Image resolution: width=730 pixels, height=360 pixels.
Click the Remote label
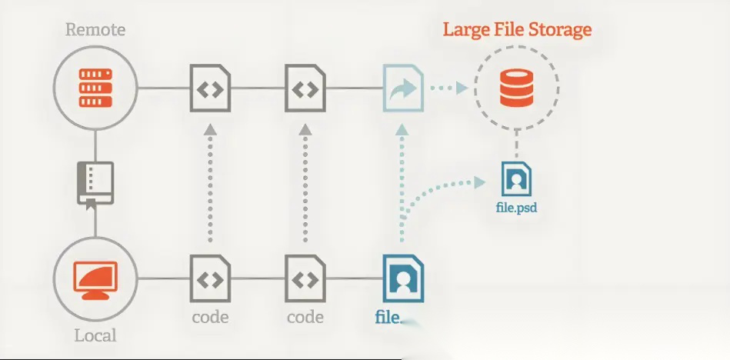[x=95, y=31]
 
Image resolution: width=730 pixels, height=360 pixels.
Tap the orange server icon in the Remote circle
[x=95, y=88]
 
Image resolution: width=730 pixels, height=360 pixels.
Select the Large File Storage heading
[x=517, y=31]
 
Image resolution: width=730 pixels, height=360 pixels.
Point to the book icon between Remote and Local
[x=95, y=183]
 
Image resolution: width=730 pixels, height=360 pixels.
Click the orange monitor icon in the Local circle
[x=95, y=278]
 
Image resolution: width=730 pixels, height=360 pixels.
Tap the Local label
[x=95, y=335]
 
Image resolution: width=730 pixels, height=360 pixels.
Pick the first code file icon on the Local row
[x=210, y=278]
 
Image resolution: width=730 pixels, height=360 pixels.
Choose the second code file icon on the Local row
[x=305, y=278]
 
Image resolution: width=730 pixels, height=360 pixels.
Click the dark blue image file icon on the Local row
[x=402, y=278]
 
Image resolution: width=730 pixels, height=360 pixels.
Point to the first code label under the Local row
[x=210, y=317]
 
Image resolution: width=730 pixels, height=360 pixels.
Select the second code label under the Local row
[x=305, y=317]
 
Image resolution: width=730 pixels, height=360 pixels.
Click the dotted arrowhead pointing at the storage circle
[x=461, y=88]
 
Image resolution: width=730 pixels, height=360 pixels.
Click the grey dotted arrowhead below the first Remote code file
[x=210, y=131]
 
